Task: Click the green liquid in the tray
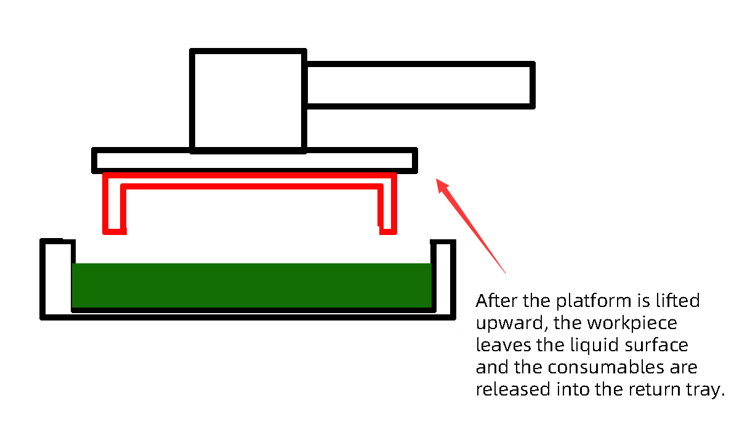[x=251, y=285]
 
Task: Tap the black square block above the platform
[x=248, y=100]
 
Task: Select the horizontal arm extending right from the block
[x=419, y=84]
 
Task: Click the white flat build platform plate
[x=254, y=161]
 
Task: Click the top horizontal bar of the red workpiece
[x=249, y=180]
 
